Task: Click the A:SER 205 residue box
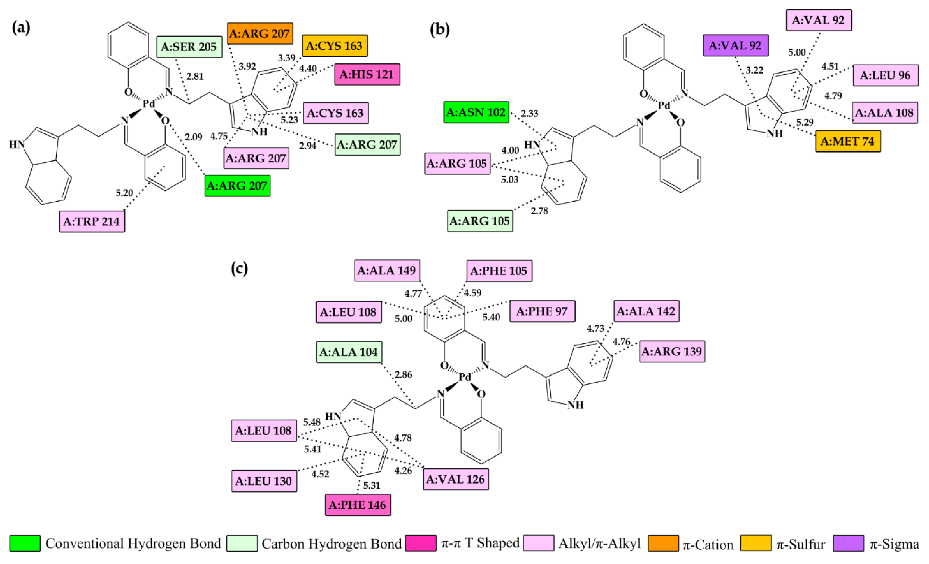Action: pyautogui.click(x=189, y=47)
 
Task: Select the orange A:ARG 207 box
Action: pyautogui.click(x=260, y=33)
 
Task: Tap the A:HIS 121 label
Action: pyautogui.click(x=367, y=74)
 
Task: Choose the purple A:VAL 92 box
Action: pyautogui.click(x=735, y=46)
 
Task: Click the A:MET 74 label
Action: pyautogui.click(x=847, y=141)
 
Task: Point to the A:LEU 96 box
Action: pyautogui.click(x=885, y=75)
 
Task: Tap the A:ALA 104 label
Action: pyautogui.click(x=349, y=352)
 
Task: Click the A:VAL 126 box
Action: pyautogui.click(x=455, y=479)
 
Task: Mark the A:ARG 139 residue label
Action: pyautogui.click(x=672, y=351)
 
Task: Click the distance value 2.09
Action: pyautogui.click(x=193, y=137)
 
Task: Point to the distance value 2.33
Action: pyautogui.click(x=529, y=113)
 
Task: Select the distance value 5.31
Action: pyautogui.click(x=372, y=485)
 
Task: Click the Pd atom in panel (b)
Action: pyautogui.click(x=664, y=105)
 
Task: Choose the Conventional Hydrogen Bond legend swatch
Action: pyautogui.click(x=25, y=543)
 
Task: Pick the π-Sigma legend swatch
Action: pyautogui.click(x=848, y=543)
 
